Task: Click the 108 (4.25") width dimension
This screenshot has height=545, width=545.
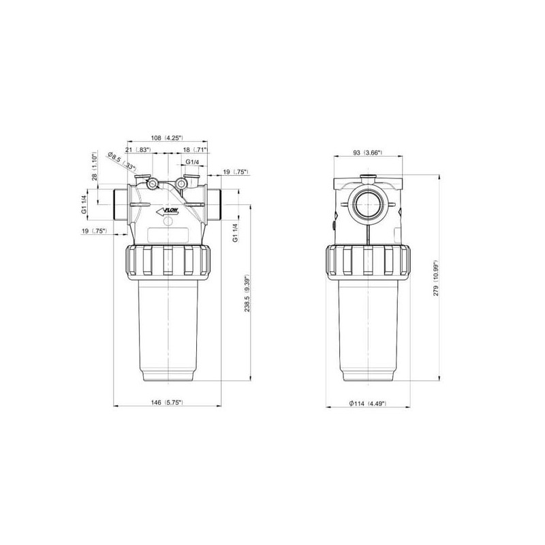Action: (x=167, y=138)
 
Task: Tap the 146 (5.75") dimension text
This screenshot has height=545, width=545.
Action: (x=167, y=403)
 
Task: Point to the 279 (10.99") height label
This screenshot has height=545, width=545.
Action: (x=436, y=278)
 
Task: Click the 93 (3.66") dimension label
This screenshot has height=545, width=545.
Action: (x=367, y=153)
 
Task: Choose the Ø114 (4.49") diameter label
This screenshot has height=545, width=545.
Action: (x=368, y=403)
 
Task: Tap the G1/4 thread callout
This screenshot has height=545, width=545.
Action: (x=192, y=162)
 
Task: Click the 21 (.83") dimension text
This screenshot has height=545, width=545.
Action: (x=138, y=149)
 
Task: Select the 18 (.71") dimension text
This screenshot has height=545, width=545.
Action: (x=195, y=149)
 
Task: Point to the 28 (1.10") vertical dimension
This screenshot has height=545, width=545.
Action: (x=94, y=168)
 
